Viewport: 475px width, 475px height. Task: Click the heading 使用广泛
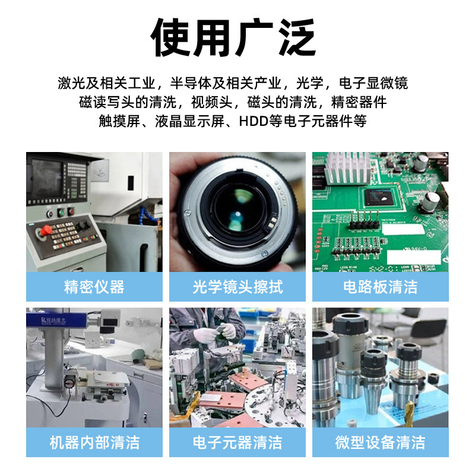233,37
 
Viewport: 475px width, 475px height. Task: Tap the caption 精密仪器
94,287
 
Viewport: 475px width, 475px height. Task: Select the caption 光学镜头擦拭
237,287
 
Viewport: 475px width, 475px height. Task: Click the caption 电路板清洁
381,287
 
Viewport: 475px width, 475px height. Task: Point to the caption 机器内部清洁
94,442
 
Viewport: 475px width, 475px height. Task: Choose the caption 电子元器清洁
237,442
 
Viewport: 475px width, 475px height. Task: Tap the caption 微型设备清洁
381,442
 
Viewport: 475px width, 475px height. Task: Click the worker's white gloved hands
214,332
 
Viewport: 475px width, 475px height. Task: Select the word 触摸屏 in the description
119,121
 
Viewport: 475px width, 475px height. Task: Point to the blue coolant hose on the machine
149,214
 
